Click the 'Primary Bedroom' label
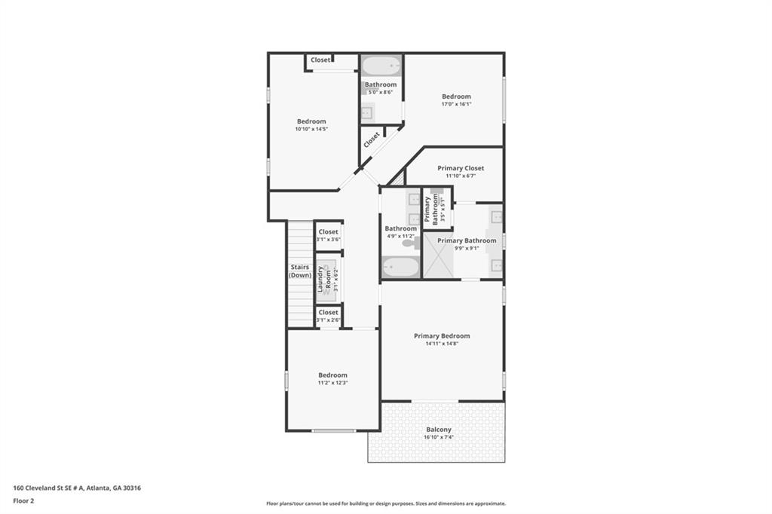pos(442,336)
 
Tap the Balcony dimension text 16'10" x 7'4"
pos(437,438)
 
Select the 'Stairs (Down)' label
pos(300,271)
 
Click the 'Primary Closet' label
pos(461,168)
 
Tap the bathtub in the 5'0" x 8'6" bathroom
pos(380,66)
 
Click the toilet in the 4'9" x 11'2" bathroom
pos(409,243)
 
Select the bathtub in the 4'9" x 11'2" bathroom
pos(400,267)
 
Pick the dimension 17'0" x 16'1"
pos(456,105)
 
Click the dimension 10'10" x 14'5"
pos(311,130)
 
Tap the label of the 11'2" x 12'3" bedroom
pos(332,375)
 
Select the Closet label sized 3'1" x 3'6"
pos(329,232)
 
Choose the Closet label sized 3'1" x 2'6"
pos(329,312)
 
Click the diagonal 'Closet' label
pos(372,140)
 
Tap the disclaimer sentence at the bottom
pos(385,503)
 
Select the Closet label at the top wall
pos(320,60)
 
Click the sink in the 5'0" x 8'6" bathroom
pos(367,113)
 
